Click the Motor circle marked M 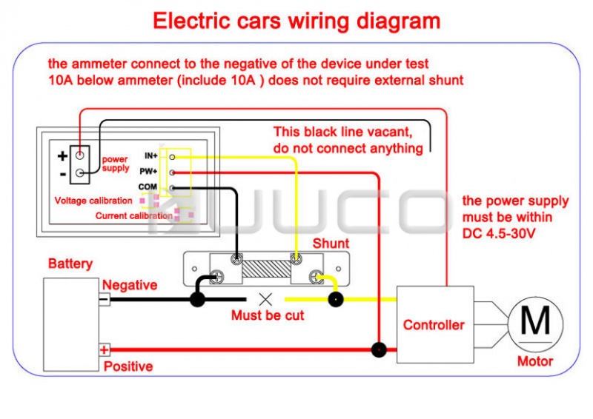(x=535, y=321)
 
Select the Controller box (x=434, y=324)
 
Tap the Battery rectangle (x=70, y=324)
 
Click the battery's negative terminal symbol (x=105, y=300)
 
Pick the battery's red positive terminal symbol (x=105, y=349)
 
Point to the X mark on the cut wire (x=265, y=300)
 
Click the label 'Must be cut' (x=268, y=315)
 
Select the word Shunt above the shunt (x=331, y=244)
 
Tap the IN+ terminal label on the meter (x=151, y=156)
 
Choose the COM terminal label (x=148, y=187)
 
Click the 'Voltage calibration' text (x=93, y=201)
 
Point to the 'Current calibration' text (x=133, y=216)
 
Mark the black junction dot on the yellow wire (x=336, y=300)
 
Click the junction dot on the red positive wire (x=380, y=349)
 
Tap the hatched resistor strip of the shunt (x=266, y=269)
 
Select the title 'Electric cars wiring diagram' (x=296, y=21)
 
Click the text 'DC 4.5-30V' (x=500, y=232)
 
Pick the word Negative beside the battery (x=130, y=285)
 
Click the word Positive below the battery (x=128, y=366)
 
